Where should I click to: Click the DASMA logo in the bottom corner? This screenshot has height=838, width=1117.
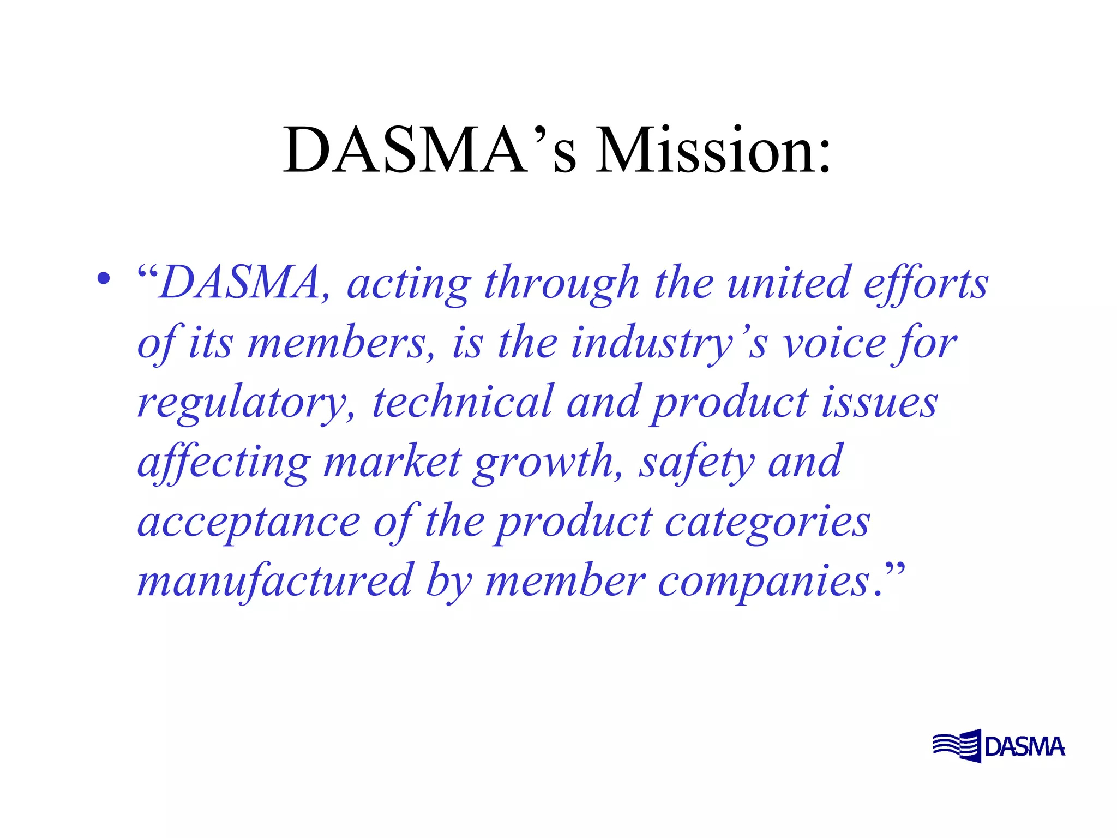click(998, 746)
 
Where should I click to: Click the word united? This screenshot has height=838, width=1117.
click(789, 284)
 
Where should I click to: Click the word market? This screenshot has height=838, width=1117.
click(393, 463)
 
